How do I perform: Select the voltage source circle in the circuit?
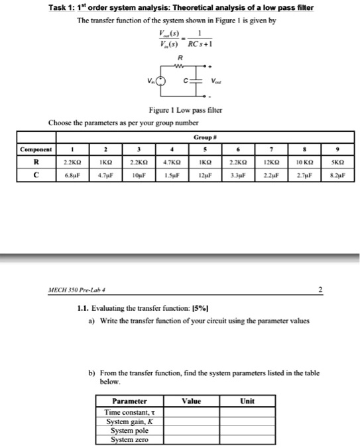[x=163, y=82]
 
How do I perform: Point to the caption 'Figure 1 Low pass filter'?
[x=180, y=115]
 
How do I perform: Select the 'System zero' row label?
[x=128, y=439]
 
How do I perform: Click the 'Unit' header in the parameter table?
[x=247, y=401]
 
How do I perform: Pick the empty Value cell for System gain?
[x=192, y=421]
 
